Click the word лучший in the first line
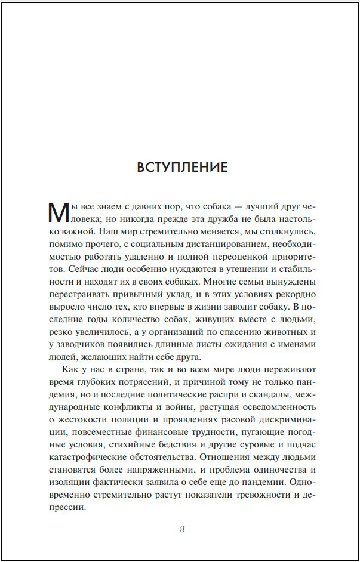click(251, 208)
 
